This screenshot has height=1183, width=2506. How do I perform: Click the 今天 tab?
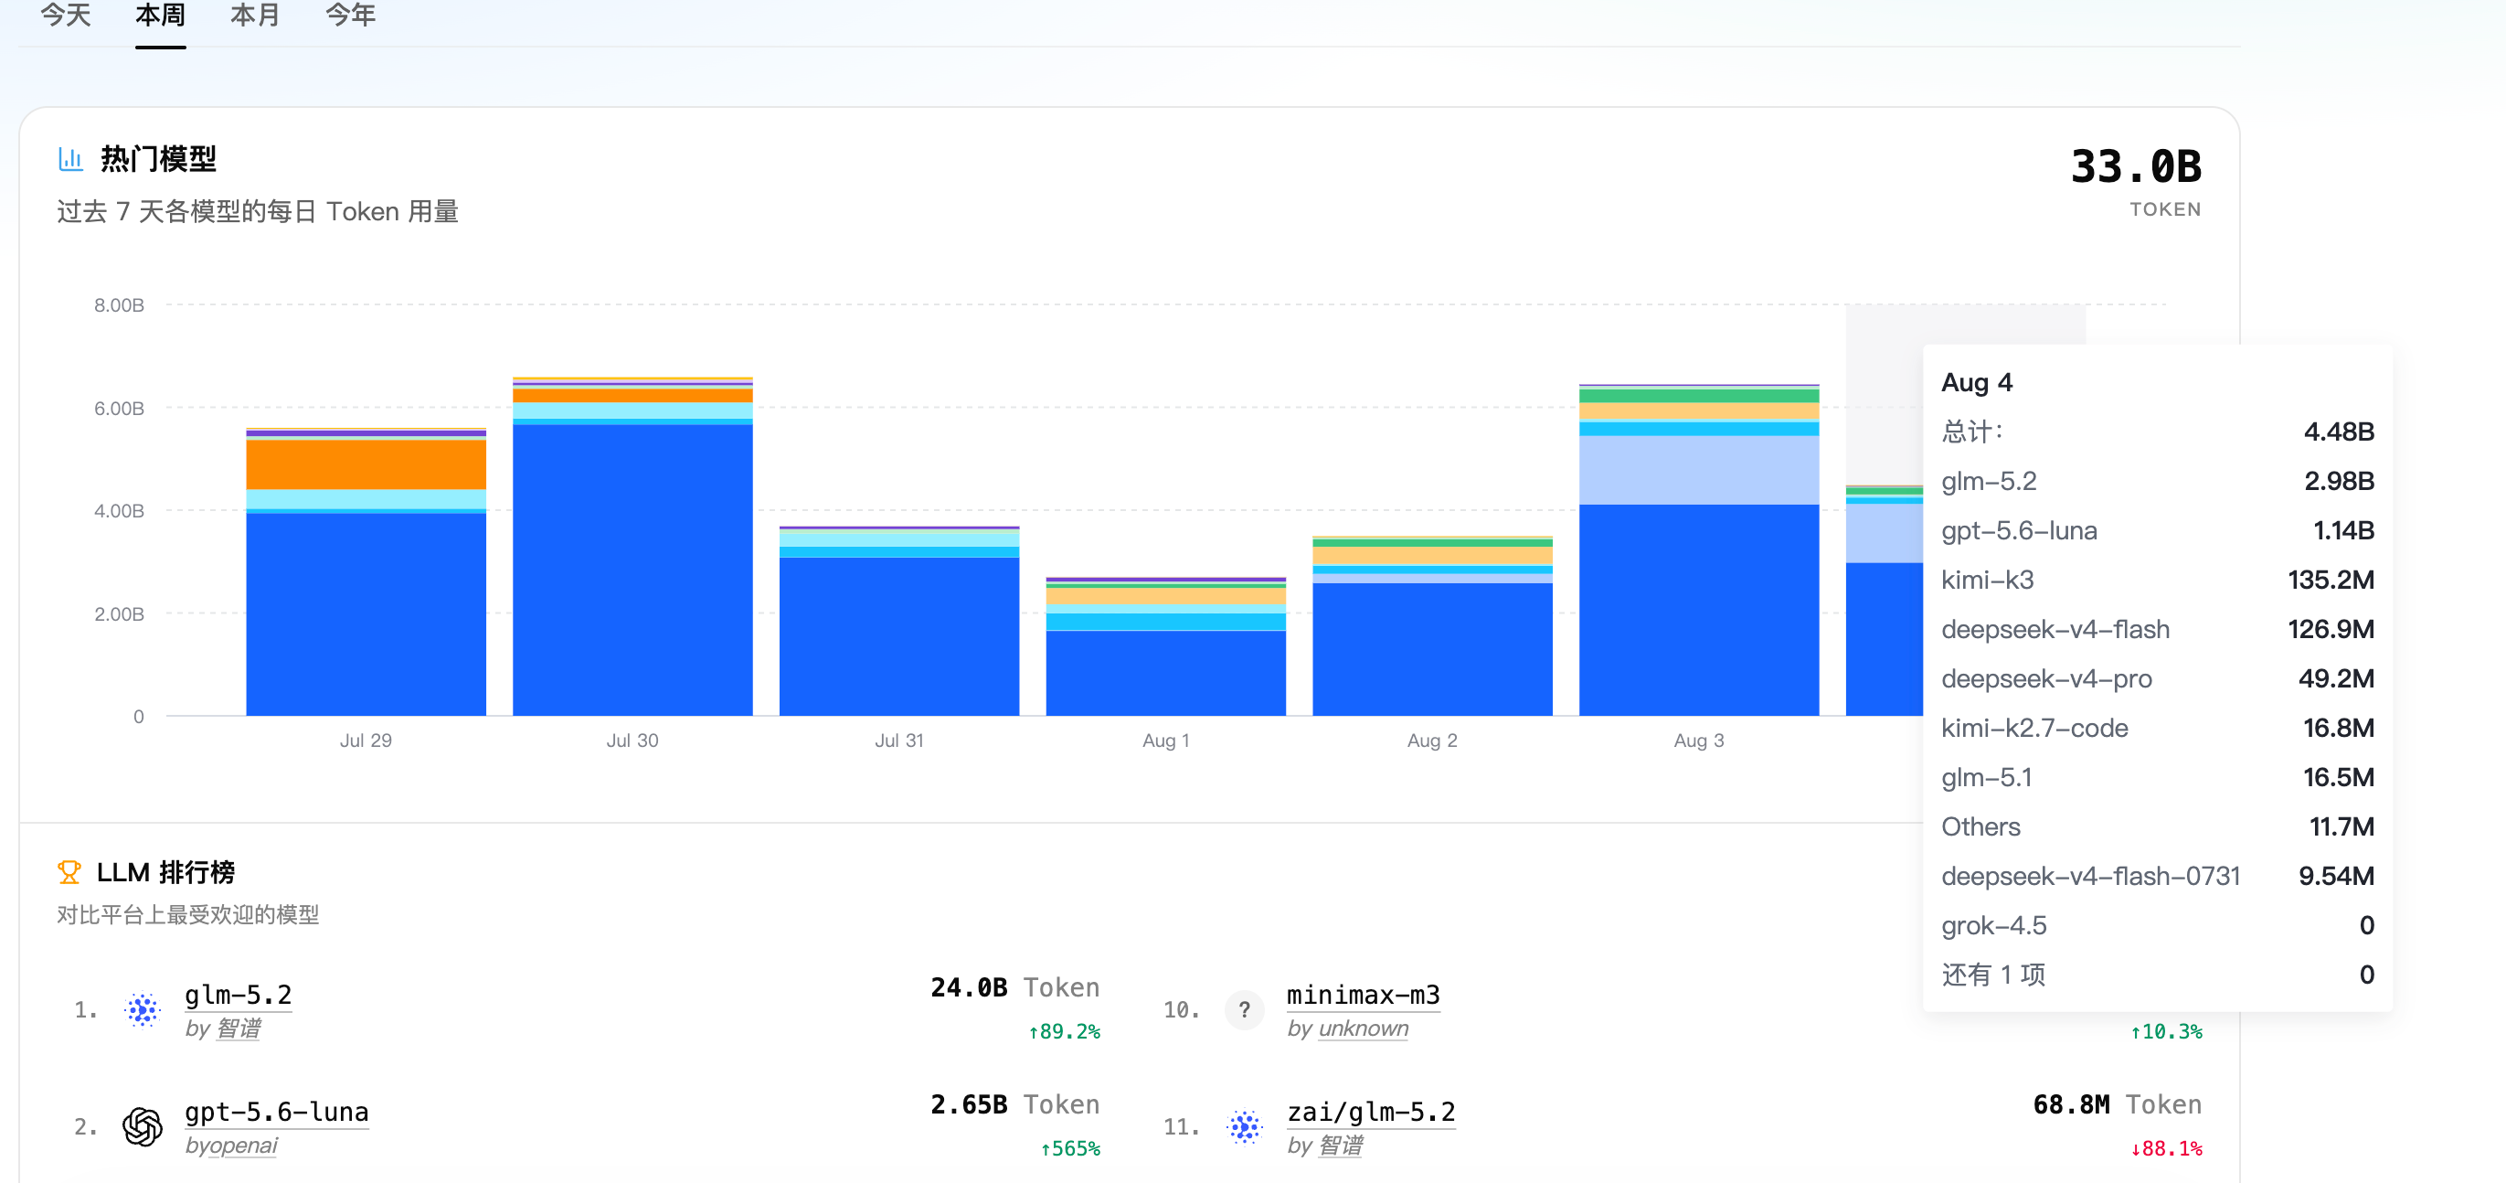66,15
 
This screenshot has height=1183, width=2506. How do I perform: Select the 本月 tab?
255,15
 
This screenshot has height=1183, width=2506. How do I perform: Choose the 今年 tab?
350,15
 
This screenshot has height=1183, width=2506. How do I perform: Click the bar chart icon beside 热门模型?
70,158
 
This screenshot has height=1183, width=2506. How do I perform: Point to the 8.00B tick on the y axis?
119,305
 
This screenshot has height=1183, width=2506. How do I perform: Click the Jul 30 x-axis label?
632,741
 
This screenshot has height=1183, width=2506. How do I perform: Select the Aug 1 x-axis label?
1165,741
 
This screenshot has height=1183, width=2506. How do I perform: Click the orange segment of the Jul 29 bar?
366,465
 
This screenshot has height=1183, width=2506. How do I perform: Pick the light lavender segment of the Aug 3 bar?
1699,470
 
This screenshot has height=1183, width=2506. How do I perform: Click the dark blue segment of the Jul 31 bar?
899,636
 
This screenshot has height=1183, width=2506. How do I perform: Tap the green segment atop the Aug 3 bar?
1699,396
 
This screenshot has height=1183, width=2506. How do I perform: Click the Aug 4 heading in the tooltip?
1977,382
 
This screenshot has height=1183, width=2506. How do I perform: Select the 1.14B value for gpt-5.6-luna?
2342,530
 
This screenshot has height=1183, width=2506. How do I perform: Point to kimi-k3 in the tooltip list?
1988,580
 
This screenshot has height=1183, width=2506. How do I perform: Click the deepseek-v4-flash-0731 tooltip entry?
2090,876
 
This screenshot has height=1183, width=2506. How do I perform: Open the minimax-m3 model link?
1363,995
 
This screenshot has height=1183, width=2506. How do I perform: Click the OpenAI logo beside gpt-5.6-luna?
142,1126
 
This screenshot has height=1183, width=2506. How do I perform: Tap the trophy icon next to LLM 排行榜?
69,871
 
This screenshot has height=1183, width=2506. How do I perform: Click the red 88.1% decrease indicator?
2167,1148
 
